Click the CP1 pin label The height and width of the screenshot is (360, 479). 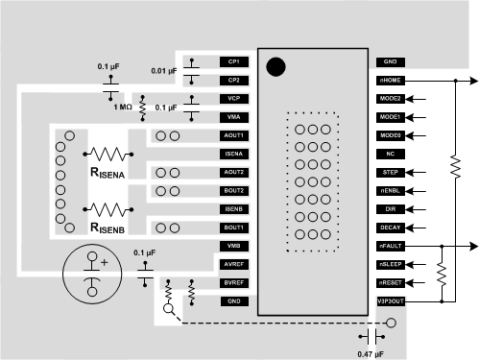pos(233,60)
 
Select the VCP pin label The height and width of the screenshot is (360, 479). pos(233,98)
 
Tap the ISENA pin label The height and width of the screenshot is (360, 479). pos(233,154)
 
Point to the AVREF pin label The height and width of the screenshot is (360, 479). pos(233,264)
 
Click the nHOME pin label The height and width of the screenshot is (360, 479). pos(391,80)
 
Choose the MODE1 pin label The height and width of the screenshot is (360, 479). pos(391,116)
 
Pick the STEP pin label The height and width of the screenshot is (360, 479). pos(391,172)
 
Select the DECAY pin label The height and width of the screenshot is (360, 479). pos(391,228)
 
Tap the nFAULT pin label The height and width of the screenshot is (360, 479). pos(391,246)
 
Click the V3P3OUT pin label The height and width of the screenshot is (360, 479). pos(391,300)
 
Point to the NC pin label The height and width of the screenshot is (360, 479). pos(391,154)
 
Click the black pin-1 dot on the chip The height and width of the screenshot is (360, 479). pos(275,67)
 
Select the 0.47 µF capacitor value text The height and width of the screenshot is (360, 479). pos(371,353)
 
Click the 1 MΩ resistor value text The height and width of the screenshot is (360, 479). pos(122,107)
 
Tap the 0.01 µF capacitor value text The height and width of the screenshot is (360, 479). pos(165,70)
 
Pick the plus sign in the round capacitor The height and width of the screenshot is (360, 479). pos(104,261)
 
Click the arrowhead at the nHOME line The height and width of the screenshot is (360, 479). pos(469,81)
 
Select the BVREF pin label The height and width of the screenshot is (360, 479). pos(233,282)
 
